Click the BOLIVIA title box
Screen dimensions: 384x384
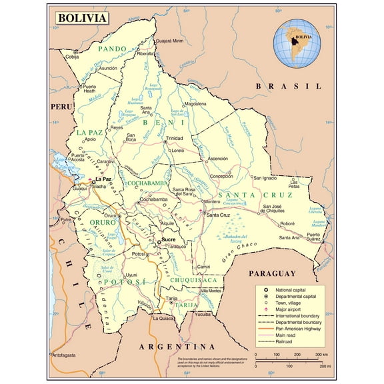coord(81,18)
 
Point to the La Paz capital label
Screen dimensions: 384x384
coord(102,179)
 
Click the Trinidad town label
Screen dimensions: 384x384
coord(175,138)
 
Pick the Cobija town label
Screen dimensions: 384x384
coord(72,57)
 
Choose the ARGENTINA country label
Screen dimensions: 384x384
coord(177,347)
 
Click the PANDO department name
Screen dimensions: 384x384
coord(112,49)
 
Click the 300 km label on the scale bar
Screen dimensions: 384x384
coord(321,355)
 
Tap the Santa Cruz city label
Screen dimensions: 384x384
coord(219,215)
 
